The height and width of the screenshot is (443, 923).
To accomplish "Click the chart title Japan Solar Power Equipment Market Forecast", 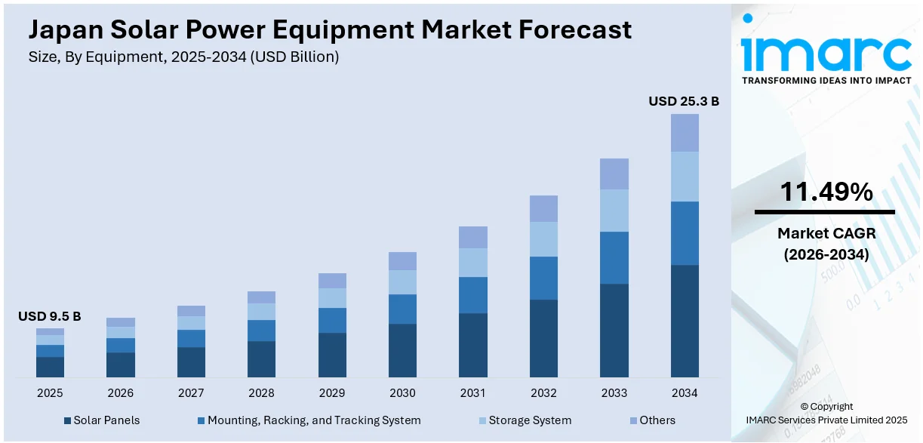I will tap(330, 29).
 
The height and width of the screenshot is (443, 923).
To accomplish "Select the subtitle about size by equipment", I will tap(183, 57).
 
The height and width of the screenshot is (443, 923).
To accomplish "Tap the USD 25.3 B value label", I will tap(684, 101).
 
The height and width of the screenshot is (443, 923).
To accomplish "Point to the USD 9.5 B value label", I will tap(50, 316).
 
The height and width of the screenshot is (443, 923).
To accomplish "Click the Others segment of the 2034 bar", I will tap(685, 133).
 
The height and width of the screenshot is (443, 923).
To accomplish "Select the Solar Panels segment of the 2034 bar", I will tap(685, 321).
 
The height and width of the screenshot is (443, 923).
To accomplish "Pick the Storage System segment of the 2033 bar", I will tap(614, 210).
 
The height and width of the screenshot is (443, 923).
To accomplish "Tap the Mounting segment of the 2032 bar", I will tap(543, 278).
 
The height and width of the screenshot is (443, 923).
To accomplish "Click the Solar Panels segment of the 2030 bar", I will tap(402, 350).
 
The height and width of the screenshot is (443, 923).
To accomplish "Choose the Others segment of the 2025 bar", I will tap(50, 331).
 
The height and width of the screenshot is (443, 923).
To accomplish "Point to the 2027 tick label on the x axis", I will tap(191, 393).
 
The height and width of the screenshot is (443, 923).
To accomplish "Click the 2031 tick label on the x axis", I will tap(472, 393).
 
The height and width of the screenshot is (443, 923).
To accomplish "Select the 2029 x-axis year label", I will tap(332, 393).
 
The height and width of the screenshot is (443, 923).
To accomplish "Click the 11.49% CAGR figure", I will tap(826, 192).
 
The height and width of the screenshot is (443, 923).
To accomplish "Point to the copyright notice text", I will tap(826, 413).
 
